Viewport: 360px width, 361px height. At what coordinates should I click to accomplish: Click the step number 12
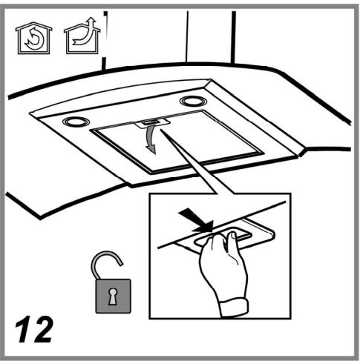[34, 329]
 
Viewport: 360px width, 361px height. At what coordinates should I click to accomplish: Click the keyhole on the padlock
[113, 297]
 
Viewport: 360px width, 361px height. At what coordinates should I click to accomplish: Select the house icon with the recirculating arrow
[33, 38]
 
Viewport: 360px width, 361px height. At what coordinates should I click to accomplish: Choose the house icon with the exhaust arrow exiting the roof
[82, 36]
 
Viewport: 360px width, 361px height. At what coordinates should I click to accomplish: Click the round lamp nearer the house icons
[76, 122]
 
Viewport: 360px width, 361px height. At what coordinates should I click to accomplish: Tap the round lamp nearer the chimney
[194, 102]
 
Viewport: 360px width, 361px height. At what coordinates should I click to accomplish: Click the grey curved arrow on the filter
[149, 139]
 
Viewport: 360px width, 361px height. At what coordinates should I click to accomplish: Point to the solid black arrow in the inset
[198, 220]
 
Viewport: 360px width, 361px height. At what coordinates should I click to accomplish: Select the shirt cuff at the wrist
[234, 308]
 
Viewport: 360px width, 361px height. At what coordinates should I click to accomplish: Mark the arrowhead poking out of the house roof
[92, 20]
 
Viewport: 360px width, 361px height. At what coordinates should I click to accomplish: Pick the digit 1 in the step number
[24, 329]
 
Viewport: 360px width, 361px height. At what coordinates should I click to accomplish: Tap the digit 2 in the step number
[43, 329]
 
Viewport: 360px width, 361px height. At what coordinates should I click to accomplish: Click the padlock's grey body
[114, 296]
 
